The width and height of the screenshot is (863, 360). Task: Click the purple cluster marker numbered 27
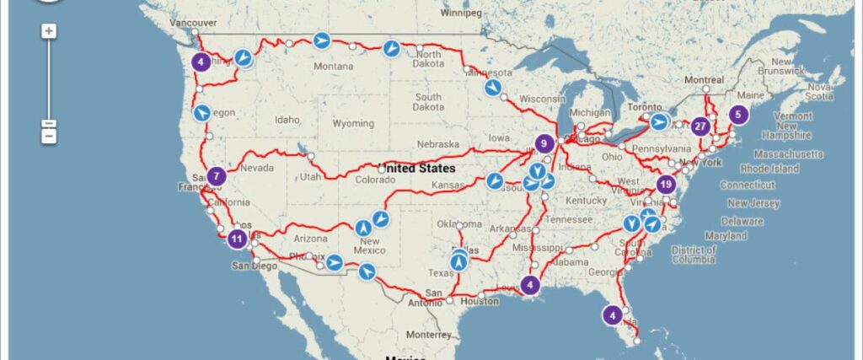point(700,126)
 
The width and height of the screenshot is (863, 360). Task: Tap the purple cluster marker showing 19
point(667,184)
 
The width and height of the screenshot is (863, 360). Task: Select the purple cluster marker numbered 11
point(238,238)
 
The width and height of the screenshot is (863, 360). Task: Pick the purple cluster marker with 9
point(544,143)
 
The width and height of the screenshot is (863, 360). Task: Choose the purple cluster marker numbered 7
point(217,176)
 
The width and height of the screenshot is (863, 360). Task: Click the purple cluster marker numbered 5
point(738,114)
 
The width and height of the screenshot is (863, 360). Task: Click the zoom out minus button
point(49,134)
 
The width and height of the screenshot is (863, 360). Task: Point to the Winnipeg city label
point(461,13)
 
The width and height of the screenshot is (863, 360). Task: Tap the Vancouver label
point(193,23)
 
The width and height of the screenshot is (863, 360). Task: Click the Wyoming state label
point(353,123)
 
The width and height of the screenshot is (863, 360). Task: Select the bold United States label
point(416,168)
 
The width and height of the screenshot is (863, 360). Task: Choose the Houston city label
point(480,301)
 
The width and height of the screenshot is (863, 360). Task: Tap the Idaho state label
point(287,120)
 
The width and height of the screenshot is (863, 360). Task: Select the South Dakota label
point(428,102)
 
